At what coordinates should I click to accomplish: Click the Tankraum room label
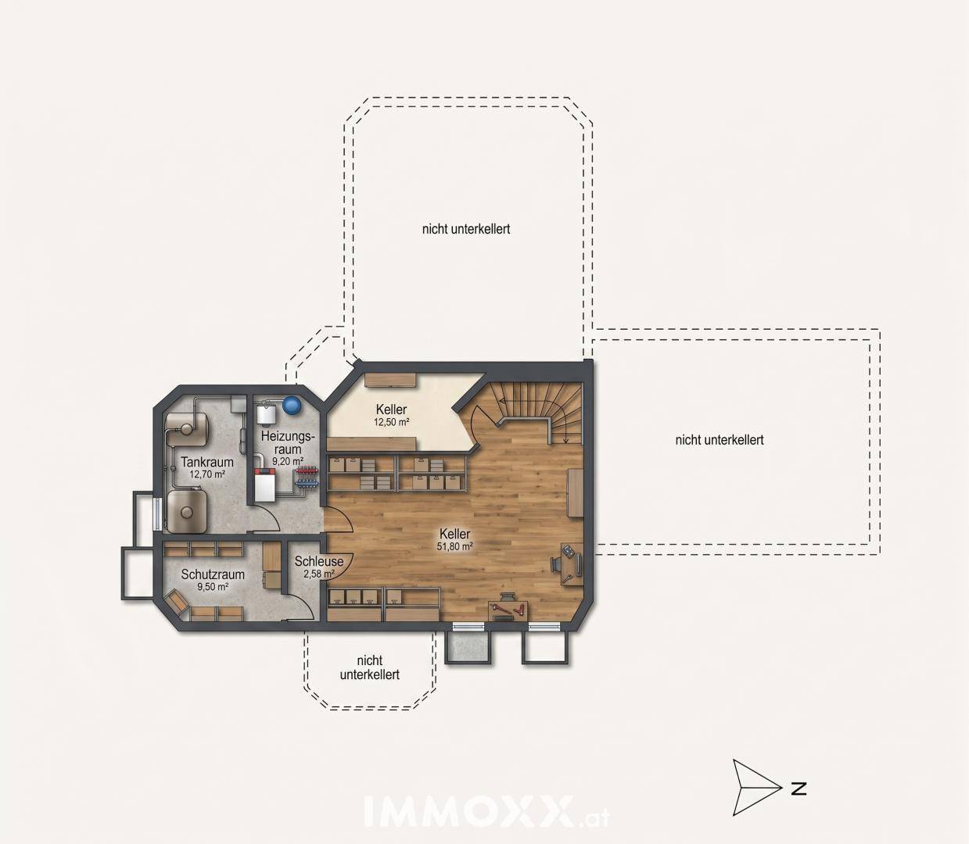pyautogui.click(x=207, y=462)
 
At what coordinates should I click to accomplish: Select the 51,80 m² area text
pyautogui.click(x=454, y=547)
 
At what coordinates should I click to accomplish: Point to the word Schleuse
pyautogui.click(x=319, y=562)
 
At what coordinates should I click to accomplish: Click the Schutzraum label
pyautogui.click(x=213, y=574)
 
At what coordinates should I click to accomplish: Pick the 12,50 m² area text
pyautogui.click(x=392, y=422)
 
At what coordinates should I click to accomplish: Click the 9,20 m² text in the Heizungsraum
pyautogui.click(x=288, y=460)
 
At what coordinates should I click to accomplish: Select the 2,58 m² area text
pyautogui.click(x=319, y=574)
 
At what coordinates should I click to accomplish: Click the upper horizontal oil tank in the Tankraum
pyautogui.click(x=186, y=428)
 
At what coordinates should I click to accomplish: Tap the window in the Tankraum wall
pyautogui.click(x=155, y=513)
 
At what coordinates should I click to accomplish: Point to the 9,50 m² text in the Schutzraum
pyautogui.click(x=213, y=587)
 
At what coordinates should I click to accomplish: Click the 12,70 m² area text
pyautogui.click(x=207, y=474)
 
